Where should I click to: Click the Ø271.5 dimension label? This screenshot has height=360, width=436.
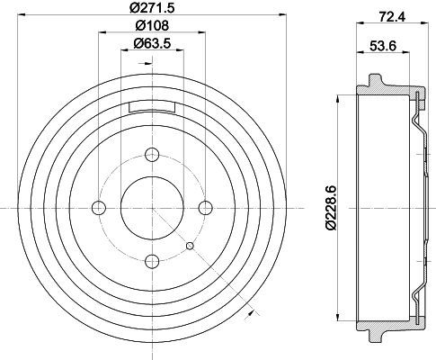(x=152, y=7)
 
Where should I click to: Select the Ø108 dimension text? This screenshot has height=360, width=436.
(x=152, y=25)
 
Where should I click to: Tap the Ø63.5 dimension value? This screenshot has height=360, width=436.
(x=152, y=44)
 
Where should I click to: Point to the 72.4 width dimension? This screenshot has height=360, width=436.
(x=392, y=17)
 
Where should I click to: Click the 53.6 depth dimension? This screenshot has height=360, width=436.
(x=383, y=46)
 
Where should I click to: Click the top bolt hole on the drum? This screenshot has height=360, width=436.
(x=152, y=155)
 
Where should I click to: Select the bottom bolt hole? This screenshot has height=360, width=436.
(x=152, y=261)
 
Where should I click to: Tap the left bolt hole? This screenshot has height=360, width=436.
(x=99, y=208)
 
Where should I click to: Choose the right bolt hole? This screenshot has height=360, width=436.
(x=206, y=208)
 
